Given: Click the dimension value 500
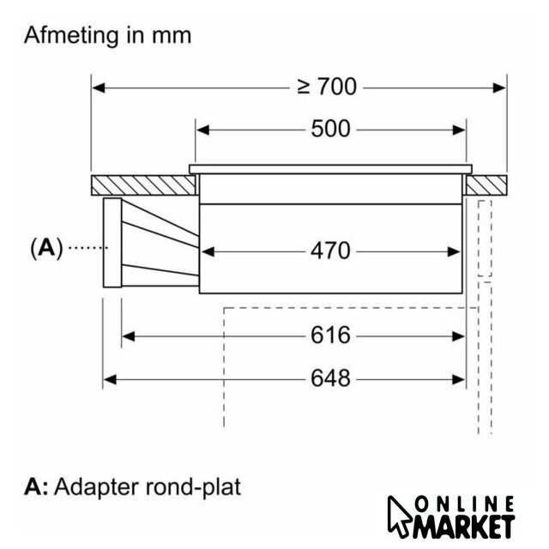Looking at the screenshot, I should point(331,130).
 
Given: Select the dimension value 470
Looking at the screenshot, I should point(331,250).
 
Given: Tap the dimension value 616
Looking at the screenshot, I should point(331,335).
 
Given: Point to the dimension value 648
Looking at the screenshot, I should point(331,377).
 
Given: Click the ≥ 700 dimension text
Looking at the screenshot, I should point(326,86).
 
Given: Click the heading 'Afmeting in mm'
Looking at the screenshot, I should point(107,36).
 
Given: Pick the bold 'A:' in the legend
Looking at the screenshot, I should point(37,488).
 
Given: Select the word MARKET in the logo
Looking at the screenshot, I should point(468,525).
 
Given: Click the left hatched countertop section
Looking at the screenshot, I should point(141,184).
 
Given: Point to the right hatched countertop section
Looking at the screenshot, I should point(487,184).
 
